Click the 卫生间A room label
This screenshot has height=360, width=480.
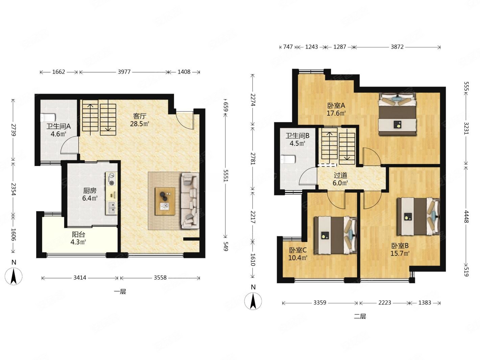click(58, 126)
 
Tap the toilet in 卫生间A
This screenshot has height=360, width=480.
click(48, 117)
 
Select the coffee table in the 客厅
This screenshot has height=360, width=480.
click(165, 201)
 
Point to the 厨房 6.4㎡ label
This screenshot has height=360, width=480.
click(90, 194)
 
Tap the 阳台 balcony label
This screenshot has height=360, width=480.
click(78, 235)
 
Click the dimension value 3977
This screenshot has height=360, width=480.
click(124, 72)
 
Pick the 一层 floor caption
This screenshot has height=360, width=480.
click(120, 292)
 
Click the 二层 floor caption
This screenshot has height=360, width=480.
click(360, 316)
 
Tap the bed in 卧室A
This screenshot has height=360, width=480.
click(397, 114)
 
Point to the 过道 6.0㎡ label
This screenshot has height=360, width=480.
click(340, 179)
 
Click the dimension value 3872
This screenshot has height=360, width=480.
click(397, 47)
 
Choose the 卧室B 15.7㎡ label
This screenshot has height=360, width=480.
click(400, 249)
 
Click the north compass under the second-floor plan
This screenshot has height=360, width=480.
click(253, 301)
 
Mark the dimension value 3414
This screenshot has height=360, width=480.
click(80, 278)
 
